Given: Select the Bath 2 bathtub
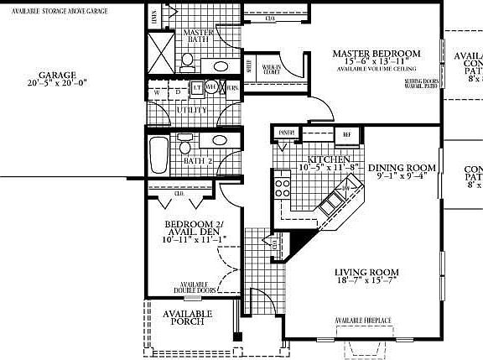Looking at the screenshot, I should pyautogui.click(x=158, y=153).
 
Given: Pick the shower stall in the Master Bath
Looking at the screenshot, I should pyautogui.click(x=161, y=53).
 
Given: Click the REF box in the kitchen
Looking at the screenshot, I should pyautogui.click(x=345, y=133).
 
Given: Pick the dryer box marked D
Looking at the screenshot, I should pyautogui.click(x=176, y=91).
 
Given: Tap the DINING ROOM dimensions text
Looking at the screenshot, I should pyautogui.click(x=402, y=176).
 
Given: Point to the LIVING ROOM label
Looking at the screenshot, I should pyautogui.click(x=366, y=273).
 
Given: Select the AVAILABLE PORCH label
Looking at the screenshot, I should pyautogui.click(x=187, y=317).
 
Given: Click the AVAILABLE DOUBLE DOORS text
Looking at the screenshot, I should pyautogui.click(x=194, y=288).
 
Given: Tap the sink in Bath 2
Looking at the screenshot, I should pyautogui.click(x=219, y=140).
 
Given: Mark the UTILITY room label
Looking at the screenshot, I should pyautogui.click(x=194, y=110).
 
